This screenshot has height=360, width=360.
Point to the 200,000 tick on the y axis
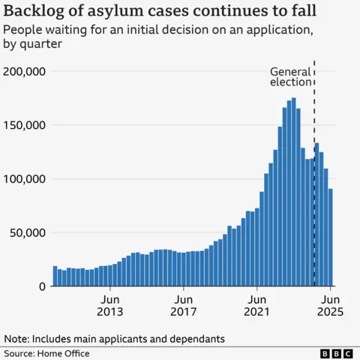tap(26, 71)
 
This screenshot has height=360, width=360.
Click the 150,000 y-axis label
tap(26, 125)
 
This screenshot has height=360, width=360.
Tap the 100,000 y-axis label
tap(26, 178)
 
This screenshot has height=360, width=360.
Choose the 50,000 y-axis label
tap(29, 232)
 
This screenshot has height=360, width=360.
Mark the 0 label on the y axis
tap(43, 286)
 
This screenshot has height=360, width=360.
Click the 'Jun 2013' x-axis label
tap(110, 304)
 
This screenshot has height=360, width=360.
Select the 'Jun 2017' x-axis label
tap(184, 304)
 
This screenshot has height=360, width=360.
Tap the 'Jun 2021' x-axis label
tap(257, 304)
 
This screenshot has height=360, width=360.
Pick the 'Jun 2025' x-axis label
tap(331, 304)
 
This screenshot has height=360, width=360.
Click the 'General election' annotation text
tap(290, 77)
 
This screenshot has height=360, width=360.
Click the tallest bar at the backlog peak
tap(293, 192)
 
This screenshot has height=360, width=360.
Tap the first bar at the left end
tap(55, 276)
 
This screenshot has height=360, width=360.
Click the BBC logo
tap(336, 353)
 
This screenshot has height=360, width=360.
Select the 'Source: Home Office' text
tap(46, 353)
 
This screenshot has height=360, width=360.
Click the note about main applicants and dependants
tap(114, 339)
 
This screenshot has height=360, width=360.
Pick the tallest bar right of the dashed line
tap(317, 214)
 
